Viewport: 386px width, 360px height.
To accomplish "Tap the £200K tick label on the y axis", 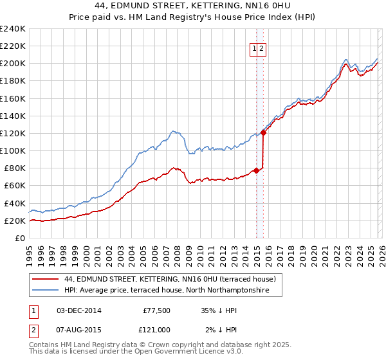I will pyautogui.click(x=13, y=64).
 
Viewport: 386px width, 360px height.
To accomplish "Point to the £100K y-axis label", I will pyautogui.click(x=13, y=150).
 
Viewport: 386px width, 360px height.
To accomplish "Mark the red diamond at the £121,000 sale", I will pyautogui.click(x=264, y=132).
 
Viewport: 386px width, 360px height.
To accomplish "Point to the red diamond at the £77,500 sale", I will pyautogui.click(x=256, y=170).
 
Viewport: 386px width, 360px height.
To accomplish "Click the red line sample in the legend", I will pyautogui.click(x=46, y=280).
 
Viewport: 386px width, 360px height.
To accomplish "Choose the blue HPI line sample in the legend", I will pyautogui.click(x=46, y=291).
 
